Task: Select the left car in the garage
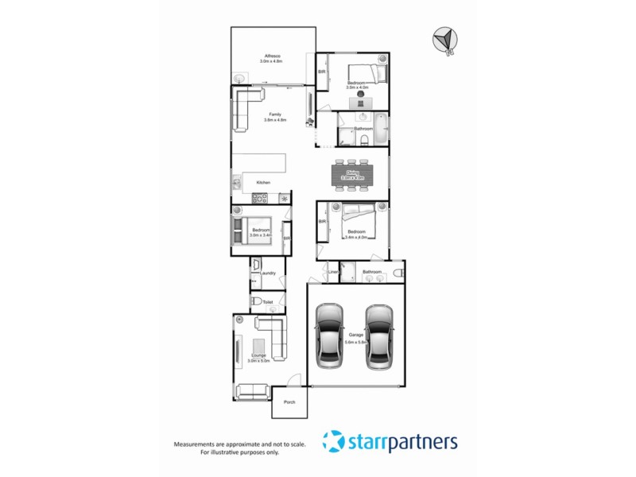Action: (329, 335)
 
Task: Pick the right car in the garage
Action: (380, 335)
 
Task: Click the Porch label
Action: (289, 401)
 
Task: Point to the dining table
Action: (351, 174)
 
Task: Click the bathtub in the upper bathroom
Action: (381, 130)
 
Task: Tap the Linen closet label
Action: (333, 273)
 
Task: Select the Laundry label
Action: (267, 273)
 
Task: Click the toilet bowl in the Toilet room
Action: (257, 302)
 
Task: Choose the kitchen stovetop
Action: (284, 198)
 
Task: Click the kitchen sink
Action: (237, 185)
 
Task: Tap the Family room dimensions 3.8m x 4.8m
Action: (275, 121)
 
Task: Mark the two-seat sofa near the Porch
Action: (253, 390)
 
